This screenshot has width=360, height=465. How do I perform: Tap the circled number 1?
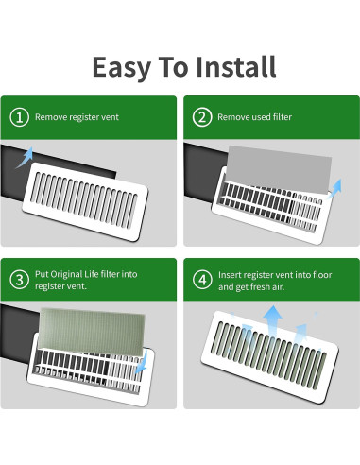20,118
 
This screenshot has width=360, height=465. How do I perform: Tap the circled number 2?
201,118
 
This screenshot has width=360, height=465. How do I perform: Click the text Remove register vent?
78,118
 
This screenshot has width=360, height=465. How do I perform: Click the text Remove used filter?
255,118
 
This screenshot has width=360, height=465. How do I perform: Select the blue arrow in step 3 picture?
143,360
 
